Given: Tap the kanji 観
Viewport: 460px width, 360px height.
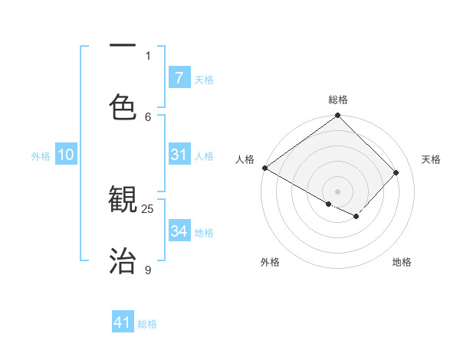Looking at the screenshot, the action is point(123,201).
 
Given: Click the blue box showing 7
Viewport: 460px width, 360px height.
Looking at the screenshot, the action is point(179,77).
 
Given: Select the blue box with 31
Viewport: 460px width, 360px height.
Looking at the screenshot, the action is point(179,155).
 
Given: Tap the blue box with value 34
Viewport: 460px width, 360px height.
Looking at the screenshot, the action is point(179,231).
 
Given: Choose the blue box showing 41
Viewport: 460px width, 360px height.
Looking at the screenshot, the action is point(123,322).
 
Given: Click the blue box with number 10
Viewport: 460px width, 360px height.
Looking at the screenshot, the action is point(66,155).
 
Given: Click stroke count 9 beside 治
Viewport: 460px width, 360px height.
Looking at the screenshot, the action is point(148,270).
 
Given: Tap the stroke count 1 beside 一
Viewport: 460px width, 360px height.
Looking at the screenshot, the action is point(148,55).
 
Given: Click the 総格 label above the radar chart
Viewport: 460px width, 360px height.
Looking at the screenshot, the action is point(337,100).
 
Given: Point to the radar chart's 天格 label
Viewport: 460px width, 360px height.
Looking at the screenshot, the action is point(431,159).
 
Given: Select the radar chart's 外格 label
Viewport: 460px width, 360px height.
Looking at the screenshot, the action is point(270,262).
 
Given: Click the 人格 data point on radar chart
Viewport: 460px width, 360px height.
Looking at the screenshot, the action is point(264,168).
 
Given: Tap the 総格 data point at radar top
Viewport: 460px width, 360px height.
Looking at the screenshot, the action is point(337,116).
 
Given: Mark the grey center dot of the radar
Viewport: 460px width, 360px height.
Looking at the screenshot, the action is point(337,191).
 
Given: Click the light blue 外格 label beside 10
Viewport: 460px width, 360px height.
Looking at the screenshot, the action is point(41,155).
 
